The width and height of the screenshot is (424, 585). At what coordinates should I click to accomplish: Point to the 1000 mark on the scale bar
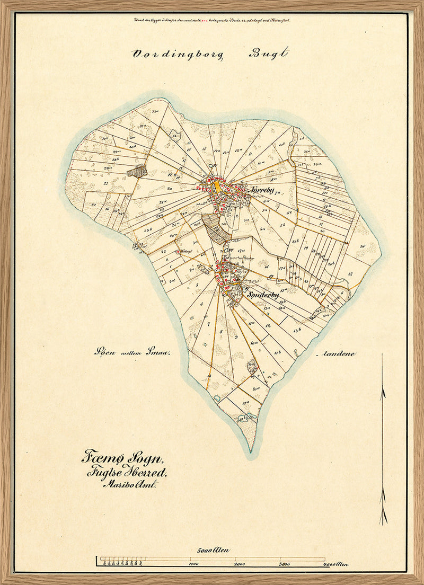pyautogui.click(x=193, y=564)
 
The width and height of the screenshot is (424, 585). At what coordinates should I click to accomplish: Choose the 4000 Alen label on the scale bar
pyautogui.click(x=335, y=565)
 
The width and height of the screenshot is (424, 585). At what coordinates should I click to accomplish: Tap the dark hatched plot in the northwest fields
pyautogui.click(x=137, y=171)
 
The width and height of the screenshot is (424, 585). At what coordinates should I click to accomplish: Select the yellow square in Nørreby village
pyautogui.click(x=217, y=187)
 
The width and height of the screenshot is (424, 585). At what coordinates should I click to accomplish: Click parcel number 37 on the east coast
pyautogui.click(x=350, y=274)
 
